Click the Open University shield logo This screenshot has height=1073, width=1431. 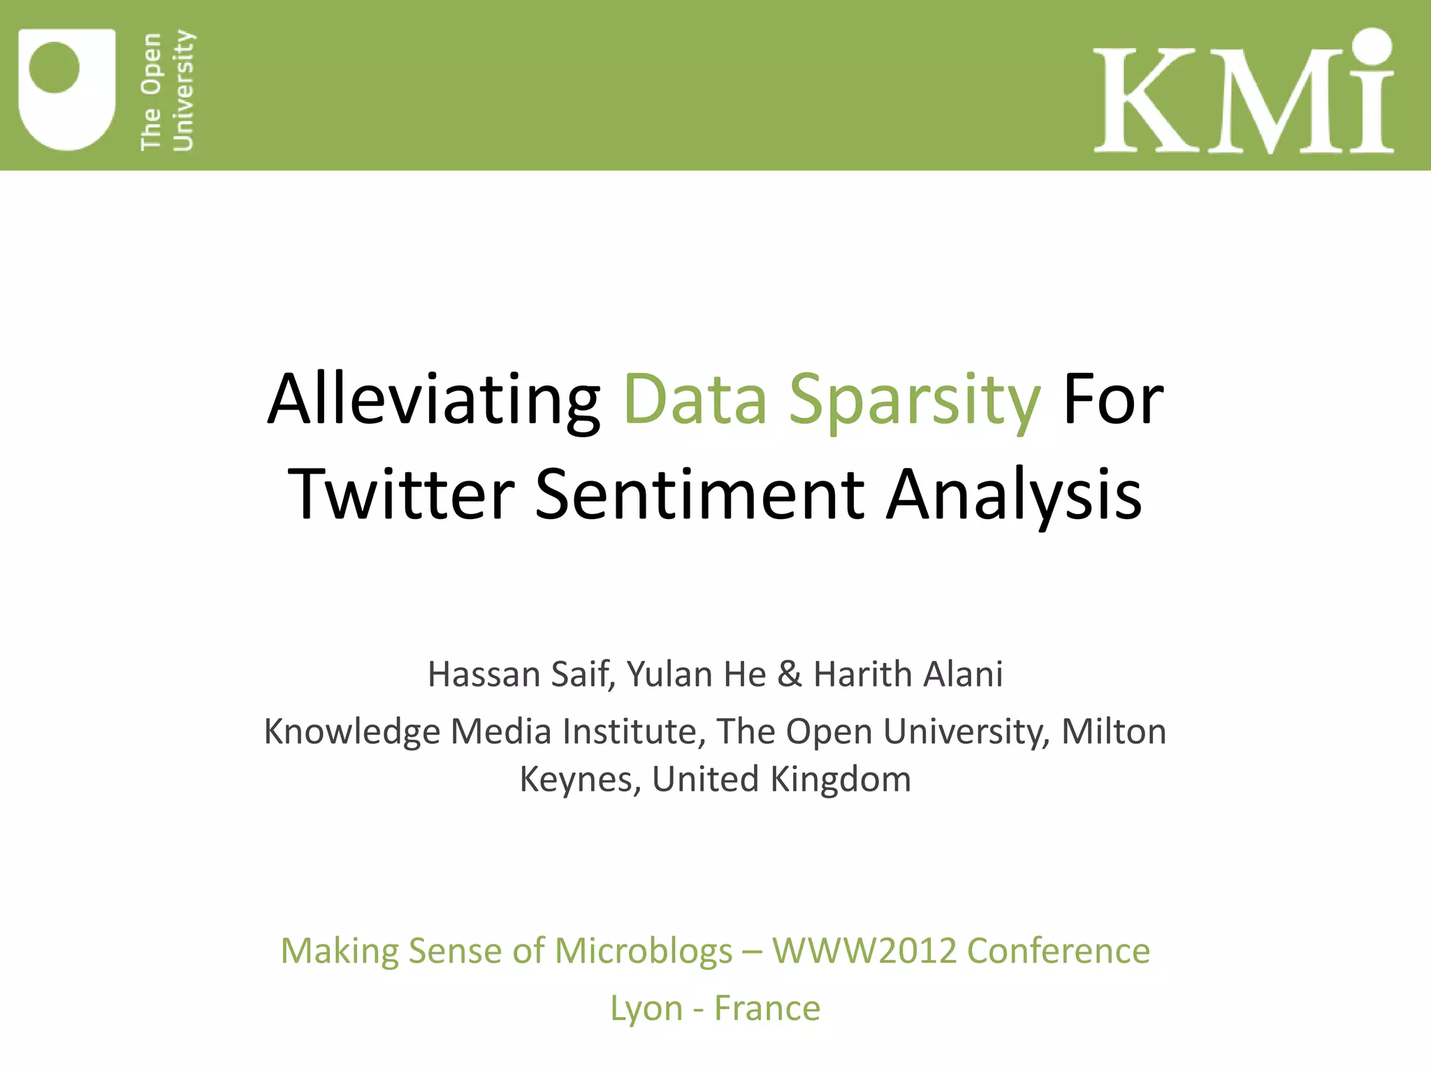coord(66,89)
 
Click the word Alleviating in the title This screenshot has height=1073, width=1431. coord(434,400)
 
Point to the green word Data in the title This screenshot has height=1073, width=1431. coord(695,400)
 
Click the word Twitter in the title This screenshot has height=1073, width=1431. coord(401,494)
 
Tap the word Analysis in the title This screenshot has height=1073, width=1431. coord(1014,494)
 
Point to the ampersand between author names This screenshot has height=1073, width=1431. coord(790,675)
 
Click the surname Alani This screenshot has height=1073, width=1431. coord(964,675)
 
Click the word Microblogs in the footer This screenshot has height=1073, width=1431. coord(644,951)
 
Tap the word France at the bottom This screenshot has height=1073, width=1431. coord(767,1008)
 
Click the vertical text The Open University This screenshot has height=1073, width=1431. coord(167,91)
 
